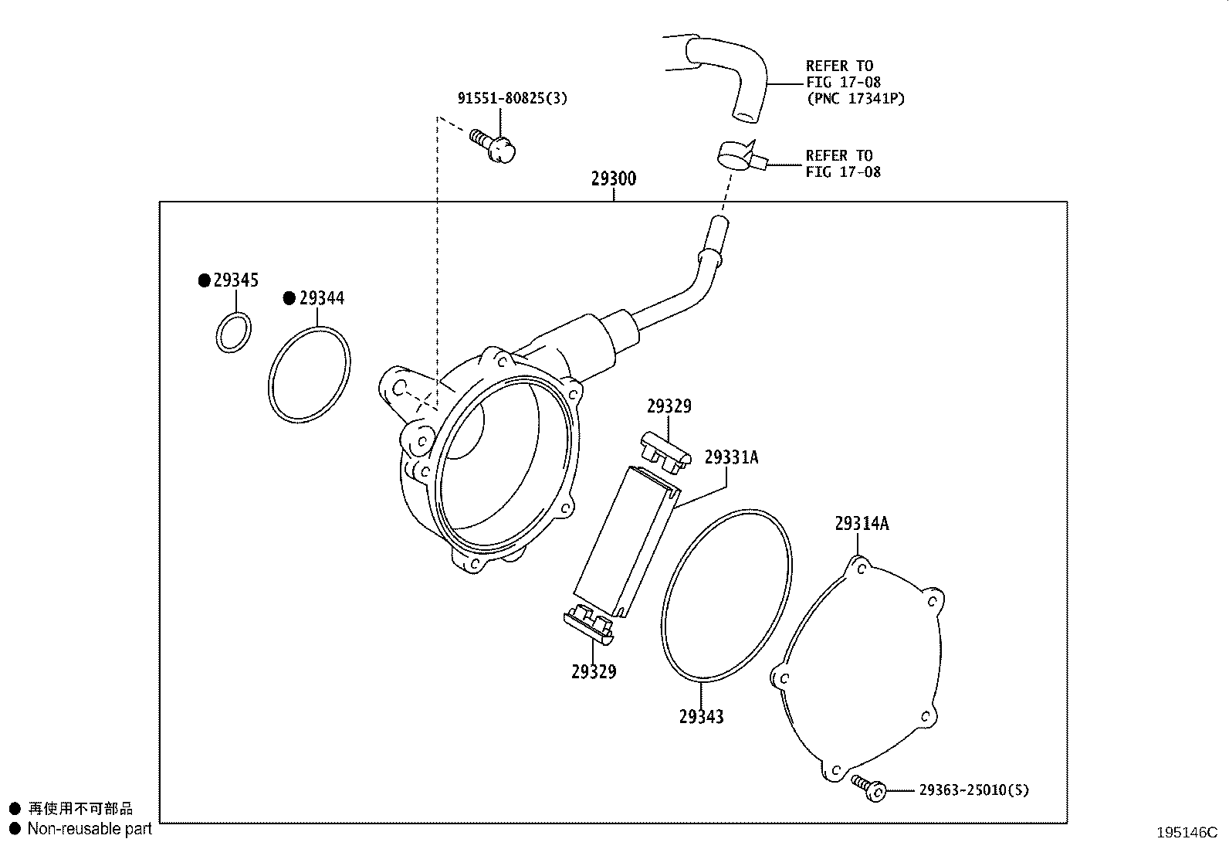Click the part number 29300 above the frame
click(x=614, y=179)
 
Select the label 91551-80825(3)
click(x=512, y=98)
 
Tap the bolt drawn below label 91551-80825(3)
click(x=494, y=147)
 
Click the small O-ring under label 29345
click(x=232, y=332)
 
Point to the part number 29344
click(x=322, y=298)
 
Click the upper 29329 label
click(x=669, y=406)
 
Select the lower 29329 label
click(x=594, y=672)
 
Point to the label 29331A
click(x=731, y=458)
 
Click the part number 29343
click(x=701, y=717)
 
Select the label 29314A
click(x=862, y=524)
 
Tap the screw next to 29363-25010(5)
click(x=868, y=787)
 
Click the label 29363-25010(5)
click(x=973, y=790)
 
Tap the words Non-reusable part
click(x=90, y=829)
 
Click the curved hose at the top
click(x=726, y=73)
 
